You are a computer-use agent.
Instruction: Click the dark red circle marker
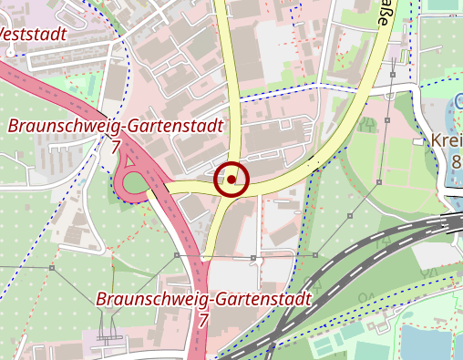click(231, 180)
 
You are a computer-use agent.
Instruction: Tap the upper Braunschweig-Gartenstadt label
click(116, 126)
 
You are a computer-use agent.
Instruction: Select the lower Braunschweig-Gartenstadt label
click(203, 299)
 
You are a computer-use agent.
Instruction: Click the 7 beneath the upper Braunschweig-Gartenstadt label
click(116, 146)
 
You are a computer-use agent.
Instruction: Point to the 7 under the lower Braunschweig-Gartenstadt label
click(203, 320)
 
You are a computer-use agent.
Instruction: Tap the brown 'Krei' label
click(447, 142)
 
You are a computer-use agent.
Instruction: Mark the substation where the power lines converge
click(108, 339)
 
